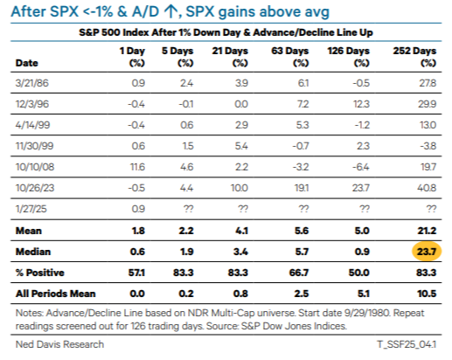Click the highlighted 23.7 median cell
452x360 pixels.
(427, 252)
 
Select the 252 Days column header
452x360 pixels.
(414, 57)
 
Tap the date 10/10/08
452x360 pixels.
(35, 167)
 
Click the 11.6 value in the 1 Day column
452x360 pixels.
(137, 167)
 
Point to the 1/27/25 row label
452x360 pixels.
(31, 209)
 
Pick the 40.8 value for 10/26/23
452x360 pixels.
(427, 188)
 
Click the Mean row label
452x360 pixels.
(29, 231)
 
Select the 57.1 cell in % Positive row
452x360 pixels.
(136, 273)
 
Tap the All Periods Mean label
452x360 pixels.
(56, 294)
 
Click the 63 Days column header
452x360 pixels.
(289, 57)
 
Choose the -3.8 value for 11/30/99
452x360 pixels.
(428, 146)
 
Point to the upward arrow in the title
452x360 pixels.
(170, 12)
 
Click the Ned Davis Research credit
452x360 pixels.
(59, 344)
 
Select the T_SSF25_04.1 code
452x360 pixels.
(407, 344)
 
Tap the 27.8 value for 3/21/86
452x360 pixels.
(428, 83)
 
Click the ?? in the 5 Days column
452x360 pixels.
(188, 209)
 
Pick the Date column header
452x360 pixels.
(26, 63)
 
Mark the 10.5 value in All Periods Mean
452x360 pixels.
(427, 294)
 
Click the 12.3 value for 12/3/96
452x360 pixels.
(361, 104)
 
